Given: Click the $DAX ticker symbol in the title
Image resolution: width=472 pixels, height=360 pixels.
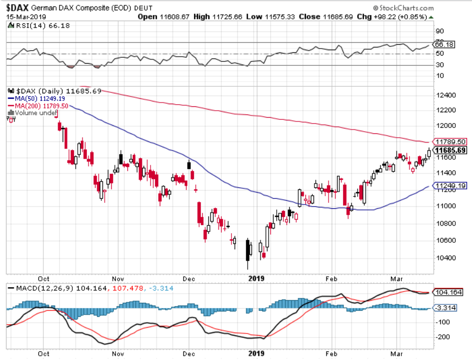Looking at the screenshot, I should (x=18, y=8).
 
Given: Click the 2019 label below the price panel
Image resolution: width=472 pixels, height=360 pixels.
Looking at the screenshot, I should (x=256, y=279).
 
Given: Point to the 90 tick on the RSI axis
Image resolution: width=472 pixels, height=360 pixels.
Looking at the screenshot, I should (x=440, y=31).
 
